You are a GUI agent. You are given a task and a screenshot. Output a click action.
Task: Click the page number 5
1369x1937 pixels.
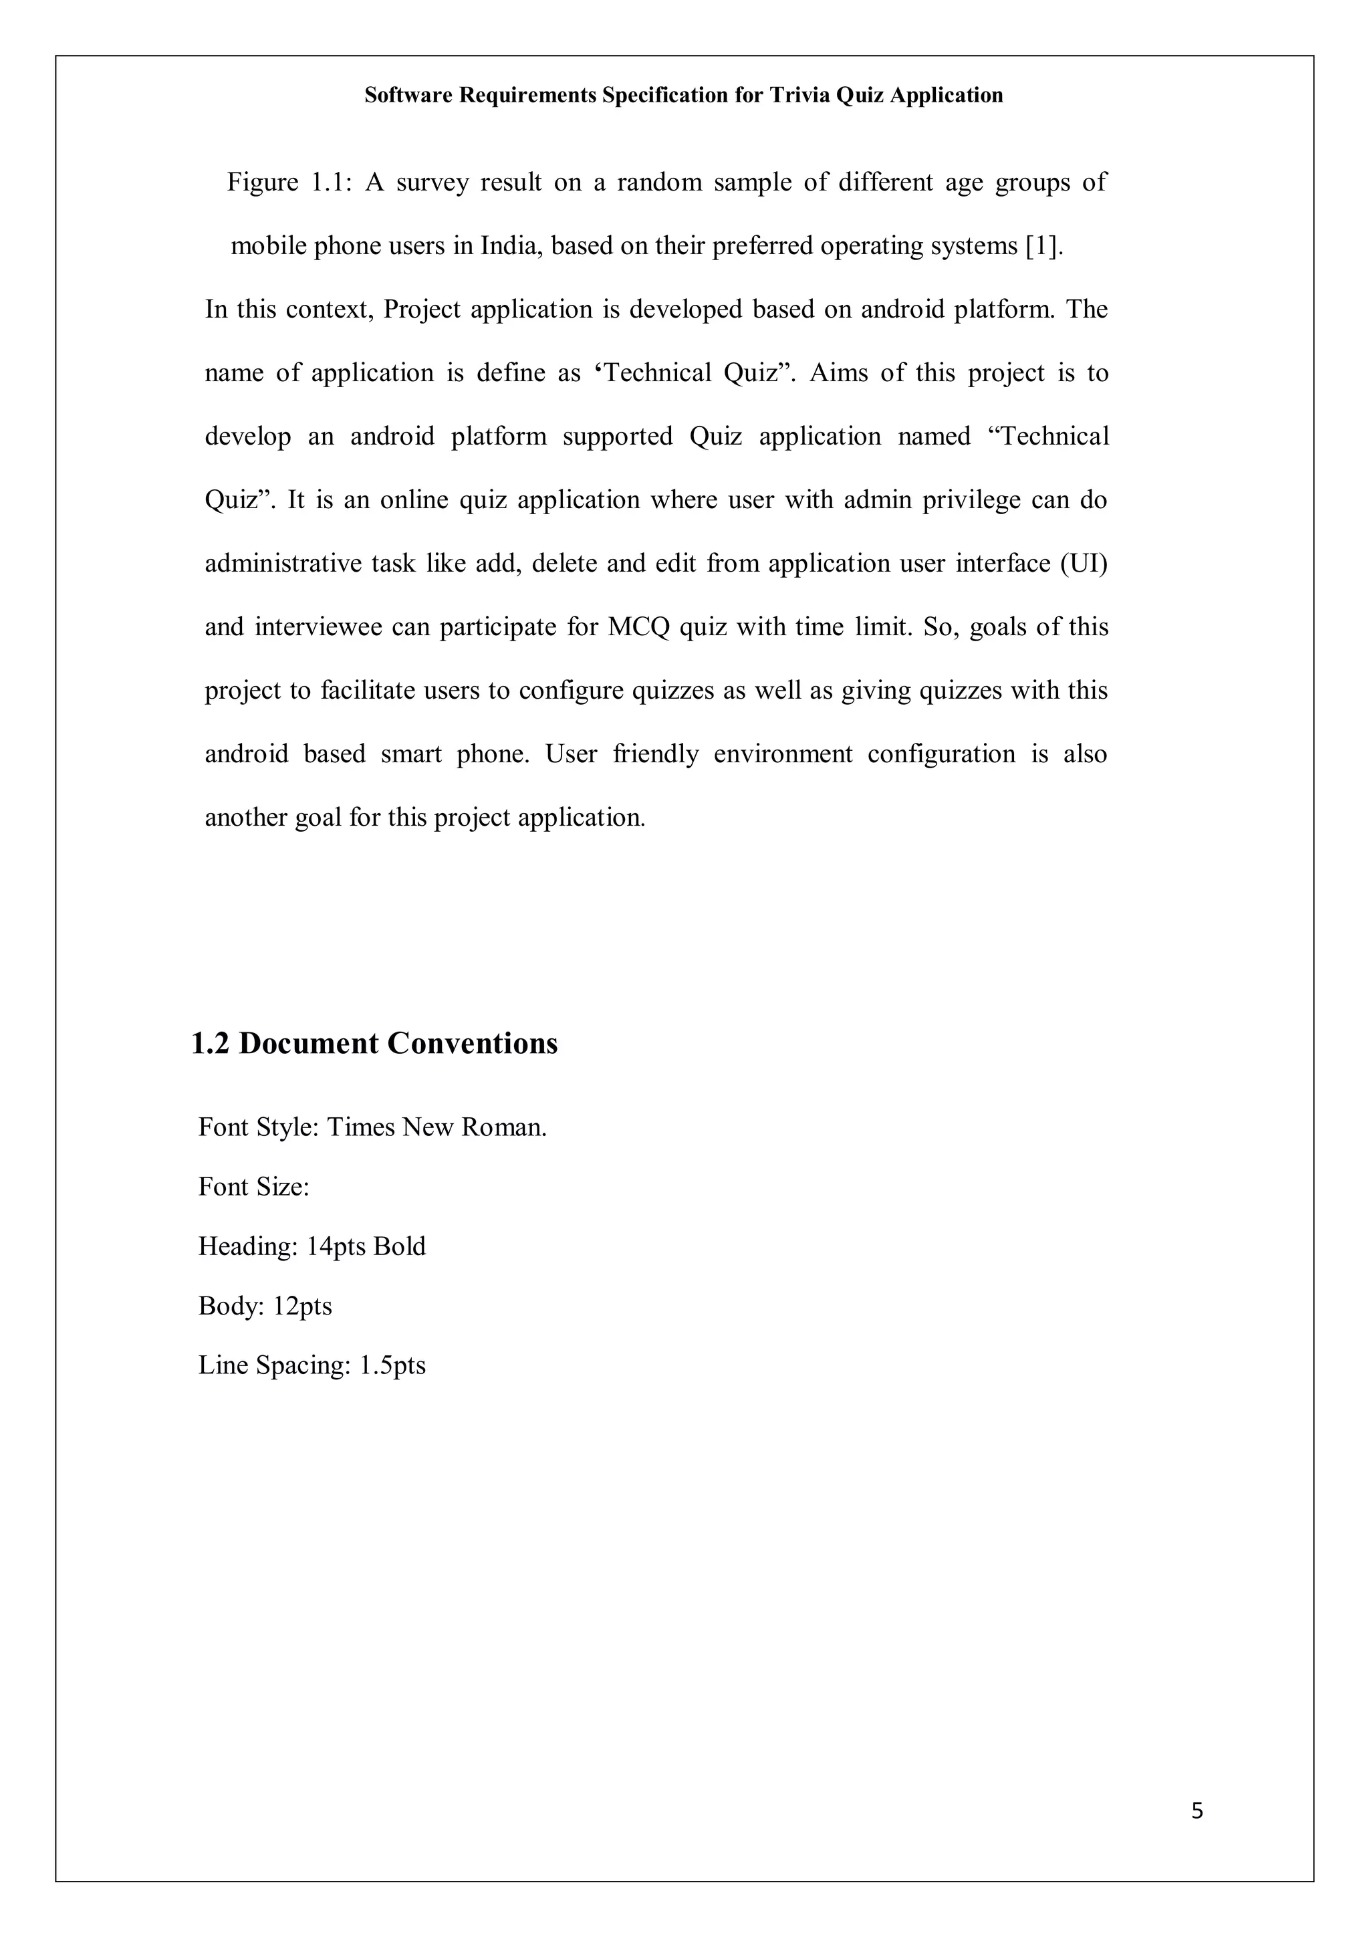click(x=1197, y=1811)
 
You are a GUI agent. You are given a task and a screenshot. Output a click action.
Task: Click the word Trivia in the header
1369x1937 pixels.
click(x=799, y=96)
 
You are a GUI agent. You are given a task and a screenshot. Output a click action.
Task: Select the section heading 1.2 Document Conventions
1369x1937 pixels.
click(x=374, y=1044)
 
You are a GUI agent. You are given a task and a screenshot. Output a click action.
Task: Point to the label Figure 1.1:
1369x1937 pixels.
click(x=287, y=183)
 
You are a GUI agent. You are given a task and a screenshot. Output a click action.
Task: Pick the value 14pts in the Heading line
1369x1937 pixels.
click(x=336, y=1246)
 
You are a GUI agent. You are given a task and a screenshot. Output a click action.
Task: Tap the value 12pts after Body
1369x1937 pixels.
click(x=303, y=1306)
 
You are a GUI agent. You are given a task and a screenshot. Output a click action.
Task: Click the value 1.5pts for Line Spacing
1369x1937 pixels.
click(x=392, y=1365)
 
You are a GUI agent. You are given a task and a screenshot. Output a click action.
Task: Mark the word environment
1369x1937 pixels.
click(x=783, y=754)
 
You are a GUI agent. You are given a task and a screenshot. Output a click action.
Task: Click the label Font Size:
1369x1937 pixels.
click(x=254, y=1187)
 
